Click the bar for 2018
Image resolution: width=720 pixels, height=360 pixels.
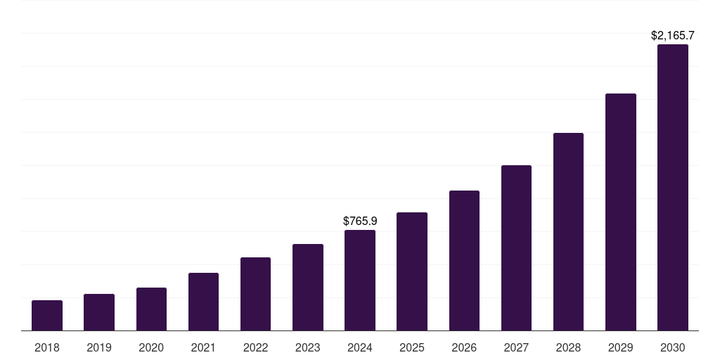click(x=47, y=316)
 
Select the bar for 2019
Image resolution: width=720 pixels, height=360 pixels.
click(x=99, y=312)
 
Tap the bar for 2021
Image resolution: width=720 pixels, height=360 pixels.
click(x=203, y=302)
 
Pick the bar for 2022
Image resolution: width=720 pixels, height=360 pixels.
click(x=255, y=294)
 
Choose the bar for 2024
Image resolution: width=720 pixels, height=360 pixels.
click(x=360, y=281)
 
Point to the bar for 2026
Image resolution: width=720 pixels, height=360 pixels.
click(x=464, y=261)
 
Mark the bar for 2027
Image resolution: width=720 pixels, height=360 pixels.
click(x=516, y=248)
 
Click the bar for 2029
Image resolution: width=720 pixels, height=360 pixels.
click(x=620, y=212)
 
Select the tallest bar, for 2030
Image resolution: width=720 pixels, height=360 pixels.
click(x=673, y=188)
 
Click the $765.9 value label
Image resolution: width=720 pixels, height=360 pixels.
click(x=360, y=221)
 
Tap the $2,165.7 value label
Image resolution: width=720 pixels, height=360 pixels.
click(x=673, y=35)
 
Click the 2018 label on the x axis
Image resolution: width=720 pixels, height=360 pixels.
click(x=47, y=347)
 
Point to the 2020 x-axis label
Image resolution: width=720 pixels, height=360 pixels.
click(x=151, y=347)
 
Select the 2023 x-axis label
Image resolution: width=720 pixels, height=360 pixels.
click(x=308, y=347)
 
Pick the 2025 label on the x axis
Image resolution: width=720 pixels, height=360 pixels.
click(x=412, y=347)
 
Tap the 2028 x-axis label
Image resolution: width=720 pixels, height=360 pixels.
click(x=568, y=347)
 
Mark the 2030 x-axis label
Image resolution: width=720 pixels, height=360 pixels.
click(x=673, y=347)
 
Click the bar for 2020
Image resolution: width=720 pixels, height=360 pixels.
click(x=151, y=309)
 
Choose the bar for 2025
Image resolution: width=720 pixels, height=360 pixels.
click(x=412, y=271)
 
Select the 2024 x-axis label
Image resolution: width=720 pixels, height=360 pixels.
click(x=360, y=347)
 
